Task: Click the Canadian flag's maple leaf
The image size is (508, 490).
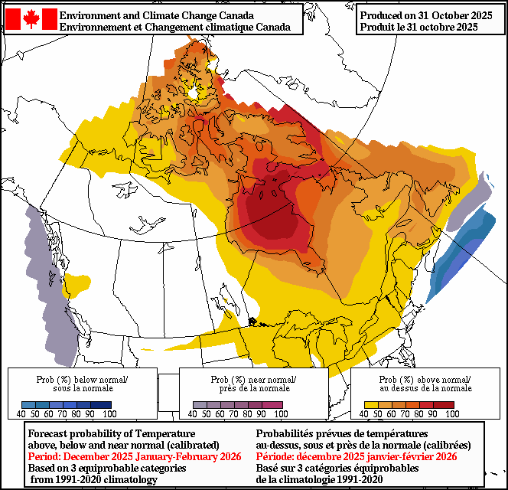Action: point(31,19)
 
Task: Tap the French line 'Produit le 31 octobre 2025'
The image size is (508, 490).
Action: point(418,27)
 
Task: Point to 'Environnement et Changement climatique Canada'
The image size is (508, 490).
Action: point(174,27)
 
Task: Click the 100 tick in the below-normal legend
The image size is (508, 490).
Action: point(109,414)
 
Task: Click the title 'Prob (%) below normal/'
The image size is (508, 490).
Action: point(83,380)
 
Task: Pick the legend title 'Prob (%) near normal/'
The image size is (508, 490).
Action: point(253,380)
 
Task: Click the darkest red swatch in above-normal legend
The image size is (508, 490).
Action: point(444,405)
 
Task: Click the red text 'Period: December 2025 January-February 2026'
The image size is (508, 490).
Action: point(135,456)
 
